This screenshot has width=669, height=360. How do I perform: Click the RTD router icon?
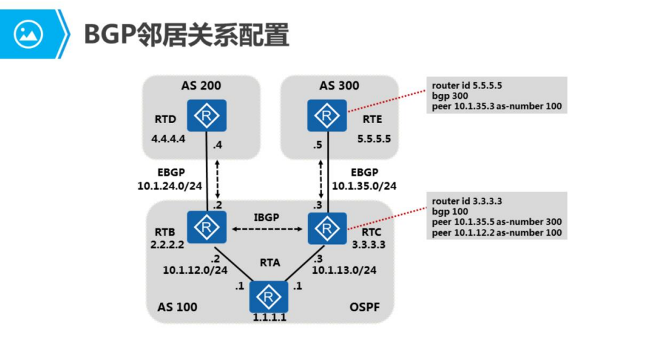(x=207, y=116)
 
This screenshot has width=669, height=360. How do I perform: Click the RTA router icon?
(x=269, y=297)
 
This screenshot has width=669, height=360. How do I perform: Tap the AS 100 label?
(x=177, y=307)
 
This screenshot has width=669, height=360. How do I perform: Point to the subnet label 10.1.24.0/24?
(x=169, y=186)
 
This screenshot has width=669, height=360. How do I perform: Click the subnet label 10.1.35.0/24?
(x=363, y=186)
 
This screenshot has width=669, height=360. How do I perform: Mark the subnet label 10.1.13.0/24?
(x=344, y=269)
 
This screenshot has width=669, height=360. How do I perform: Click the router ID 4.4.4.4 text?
(x=169, y=140)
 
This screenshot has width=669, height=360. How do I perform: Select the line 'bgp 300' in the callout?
(x=450, y=96)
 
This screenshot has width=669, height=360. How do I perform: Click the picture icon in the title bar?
(x=28, y=34)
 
